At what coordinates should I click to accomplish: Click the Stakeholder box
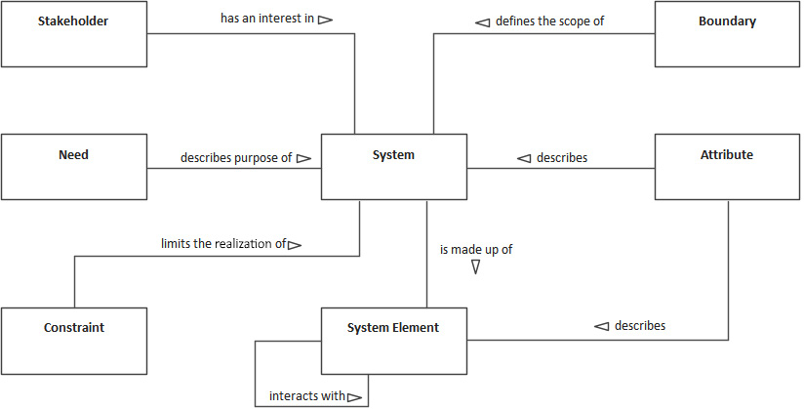(x=74, y=33)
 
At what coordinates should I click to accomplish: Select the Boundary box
(x=727, y=33)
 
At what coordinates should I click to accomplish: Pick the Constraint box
(x=74, y=341)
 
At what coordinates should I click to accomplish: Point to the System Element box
(x=394, y=341)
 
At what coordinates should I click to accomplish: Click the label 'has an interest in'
(x=266, y=19)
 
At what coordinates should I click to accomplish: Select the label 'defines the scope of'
(x=550, y=20)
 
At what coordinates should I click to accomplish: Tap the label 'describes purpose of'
(x=235, y=157)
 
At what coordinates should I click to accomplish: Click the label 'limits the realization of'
(x=223, y=243)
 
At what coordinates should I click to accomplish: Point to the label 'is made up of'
(x=476, y=249)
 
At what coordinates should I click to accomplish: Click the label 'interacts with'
(x=306, y=396)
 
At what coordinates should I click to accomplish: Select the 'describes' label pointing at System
(x=562, y=157)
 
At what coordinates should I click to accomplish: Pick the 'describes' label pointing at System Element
(x=640, y=325)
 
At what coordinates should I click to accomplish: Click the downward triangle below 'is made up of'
(x=476, y=266)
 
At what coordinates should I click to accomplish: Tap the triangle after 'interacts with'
(x=354, y=397)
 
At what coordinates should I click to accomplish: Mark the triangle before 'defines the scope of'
(x=483, y=20)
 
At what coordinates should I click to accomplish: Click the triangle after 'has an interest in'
(x=326, y=19)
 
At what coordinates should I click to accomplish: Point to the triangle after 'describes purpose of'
(x=303, y=157)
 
